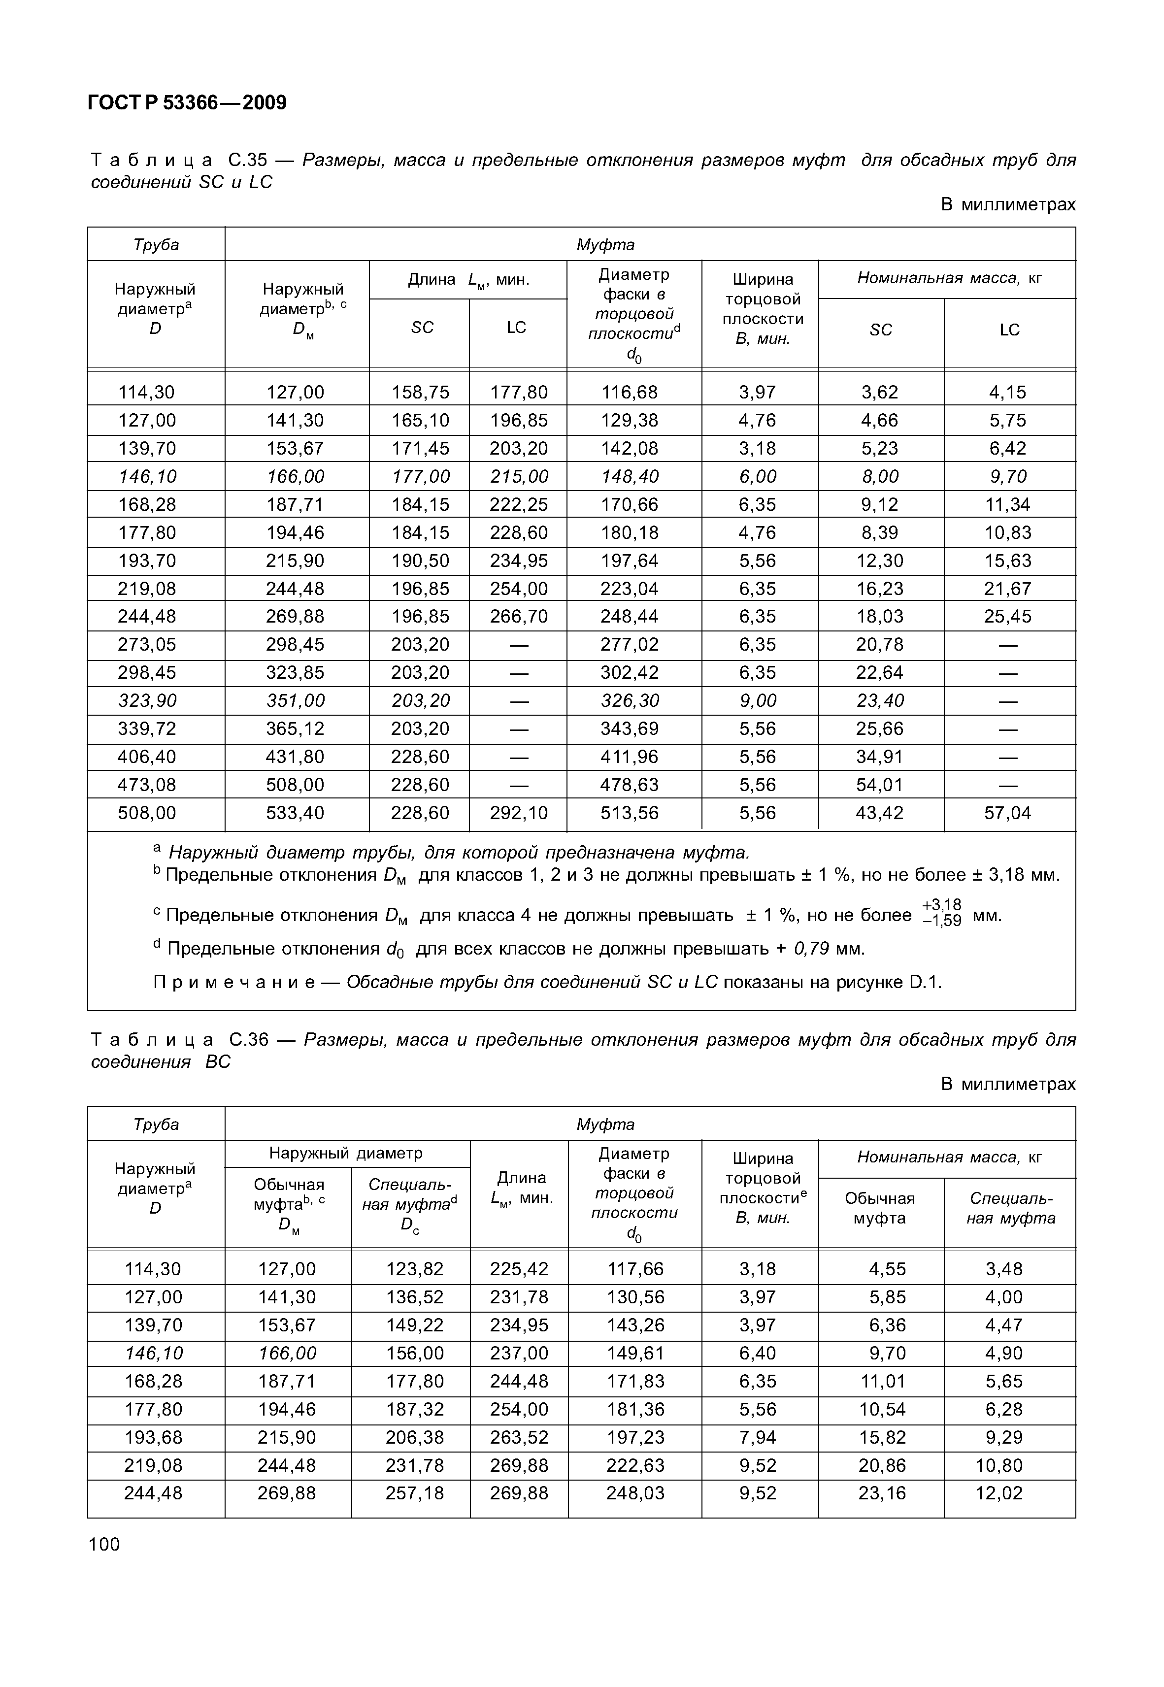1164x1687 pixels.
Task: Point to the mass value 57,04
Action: pyautogui.click(x=1007, y=813)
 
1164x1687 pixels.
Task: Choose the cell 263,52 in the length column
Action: pyautogui.click(x=519, y=1438)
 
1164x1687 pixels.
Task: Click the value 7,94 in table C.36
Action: pyautogui.click(x=757, y=1438)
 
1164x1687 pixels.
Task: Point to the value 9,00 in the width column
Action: pyautogui.click(x=757, y=700)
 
